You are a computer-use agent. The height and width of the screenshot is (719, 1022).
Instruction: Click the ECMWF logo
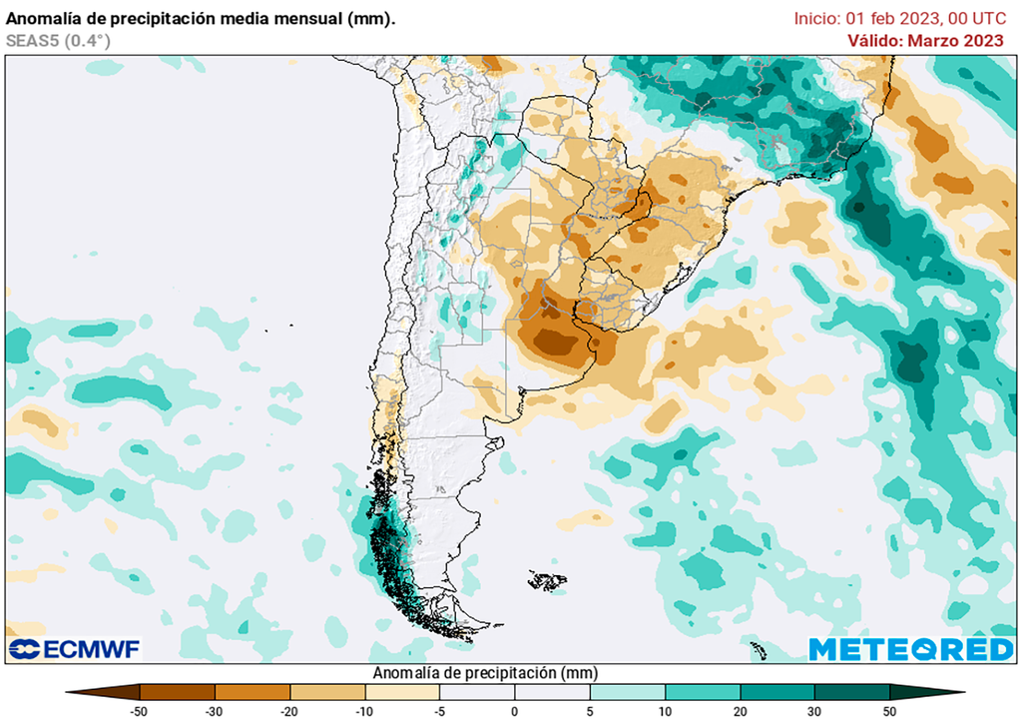click(x=75, y=649)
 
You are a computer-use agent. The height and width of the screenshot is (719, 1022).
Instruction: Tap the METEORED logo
click(x=910, y=649)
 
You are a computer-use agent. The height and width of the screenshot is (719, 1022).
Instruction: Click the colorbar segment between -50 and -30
click(x=178, y=691)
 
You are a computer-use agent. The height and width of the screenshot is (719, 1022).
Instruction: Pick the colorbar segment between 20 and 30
click(x=777, y=691)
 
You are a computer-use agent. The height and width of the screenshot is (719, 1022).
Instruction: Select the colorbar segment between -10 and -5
click(x=402, y=691)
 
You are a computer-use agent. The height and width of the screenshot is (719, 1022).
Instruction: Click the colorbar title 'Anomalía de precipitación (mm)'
click(x=484, y=672)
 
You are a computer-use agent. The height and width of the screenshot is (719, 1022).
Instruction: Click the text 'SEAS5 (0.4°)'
click(x=58, y=41)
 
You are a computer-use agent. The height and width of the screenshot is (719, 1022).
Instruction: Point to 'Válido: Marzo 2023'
click(x=925, y=40)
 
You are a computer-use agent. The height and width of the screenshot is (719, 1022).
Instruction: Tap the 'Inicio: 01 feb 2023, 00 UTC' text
click(x=899, y=18)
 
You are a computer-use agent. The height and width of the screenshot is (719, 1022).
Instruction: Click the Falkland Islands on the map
click(x=548, y=580)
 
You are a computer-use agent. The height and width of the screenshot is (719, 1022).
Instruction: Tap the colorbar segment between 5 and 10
click(x=628, y=691)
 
